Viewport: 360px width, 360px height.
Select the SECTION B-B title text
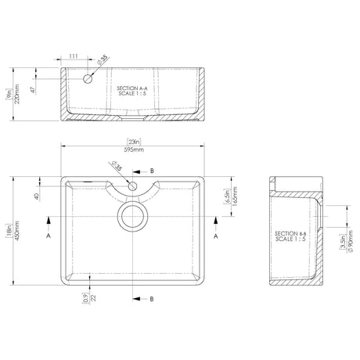[x=291, y=237]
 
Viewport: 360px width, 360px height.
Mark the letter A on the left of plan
[x=49, y=233]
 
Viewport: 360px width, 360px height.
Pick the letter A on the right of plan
[x=217, y=233]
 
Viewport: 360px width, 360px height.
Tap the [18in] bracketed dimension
[x=7, y=235]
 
